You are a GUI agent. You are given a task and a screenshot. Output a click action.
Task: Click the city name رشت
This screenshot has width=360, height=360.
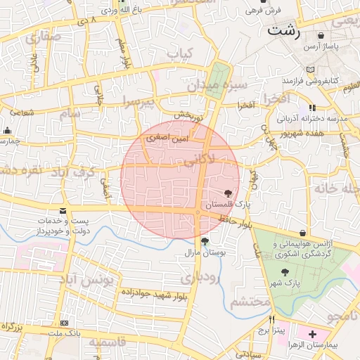pos(284,32)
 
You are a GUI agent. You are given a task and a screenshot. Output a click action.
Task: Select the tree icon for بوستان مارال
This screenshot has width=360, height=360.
pos(205,242)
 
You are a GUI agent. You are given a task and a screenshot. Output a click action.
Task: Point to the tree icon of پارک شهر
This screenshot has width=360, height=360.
pos(284,273)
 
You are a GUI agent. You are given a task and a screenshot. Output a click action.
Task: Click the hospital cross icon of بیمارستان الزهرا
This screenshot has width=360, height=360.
pos(312,335)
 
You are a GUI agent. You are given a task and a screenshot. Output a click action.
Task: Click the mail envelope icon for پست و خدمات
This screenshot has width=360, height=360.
pos(64,211)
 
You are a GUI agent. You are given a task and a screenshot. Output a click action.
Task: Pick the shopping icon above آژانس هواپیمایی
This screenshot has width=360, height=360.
pos(303,233)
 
